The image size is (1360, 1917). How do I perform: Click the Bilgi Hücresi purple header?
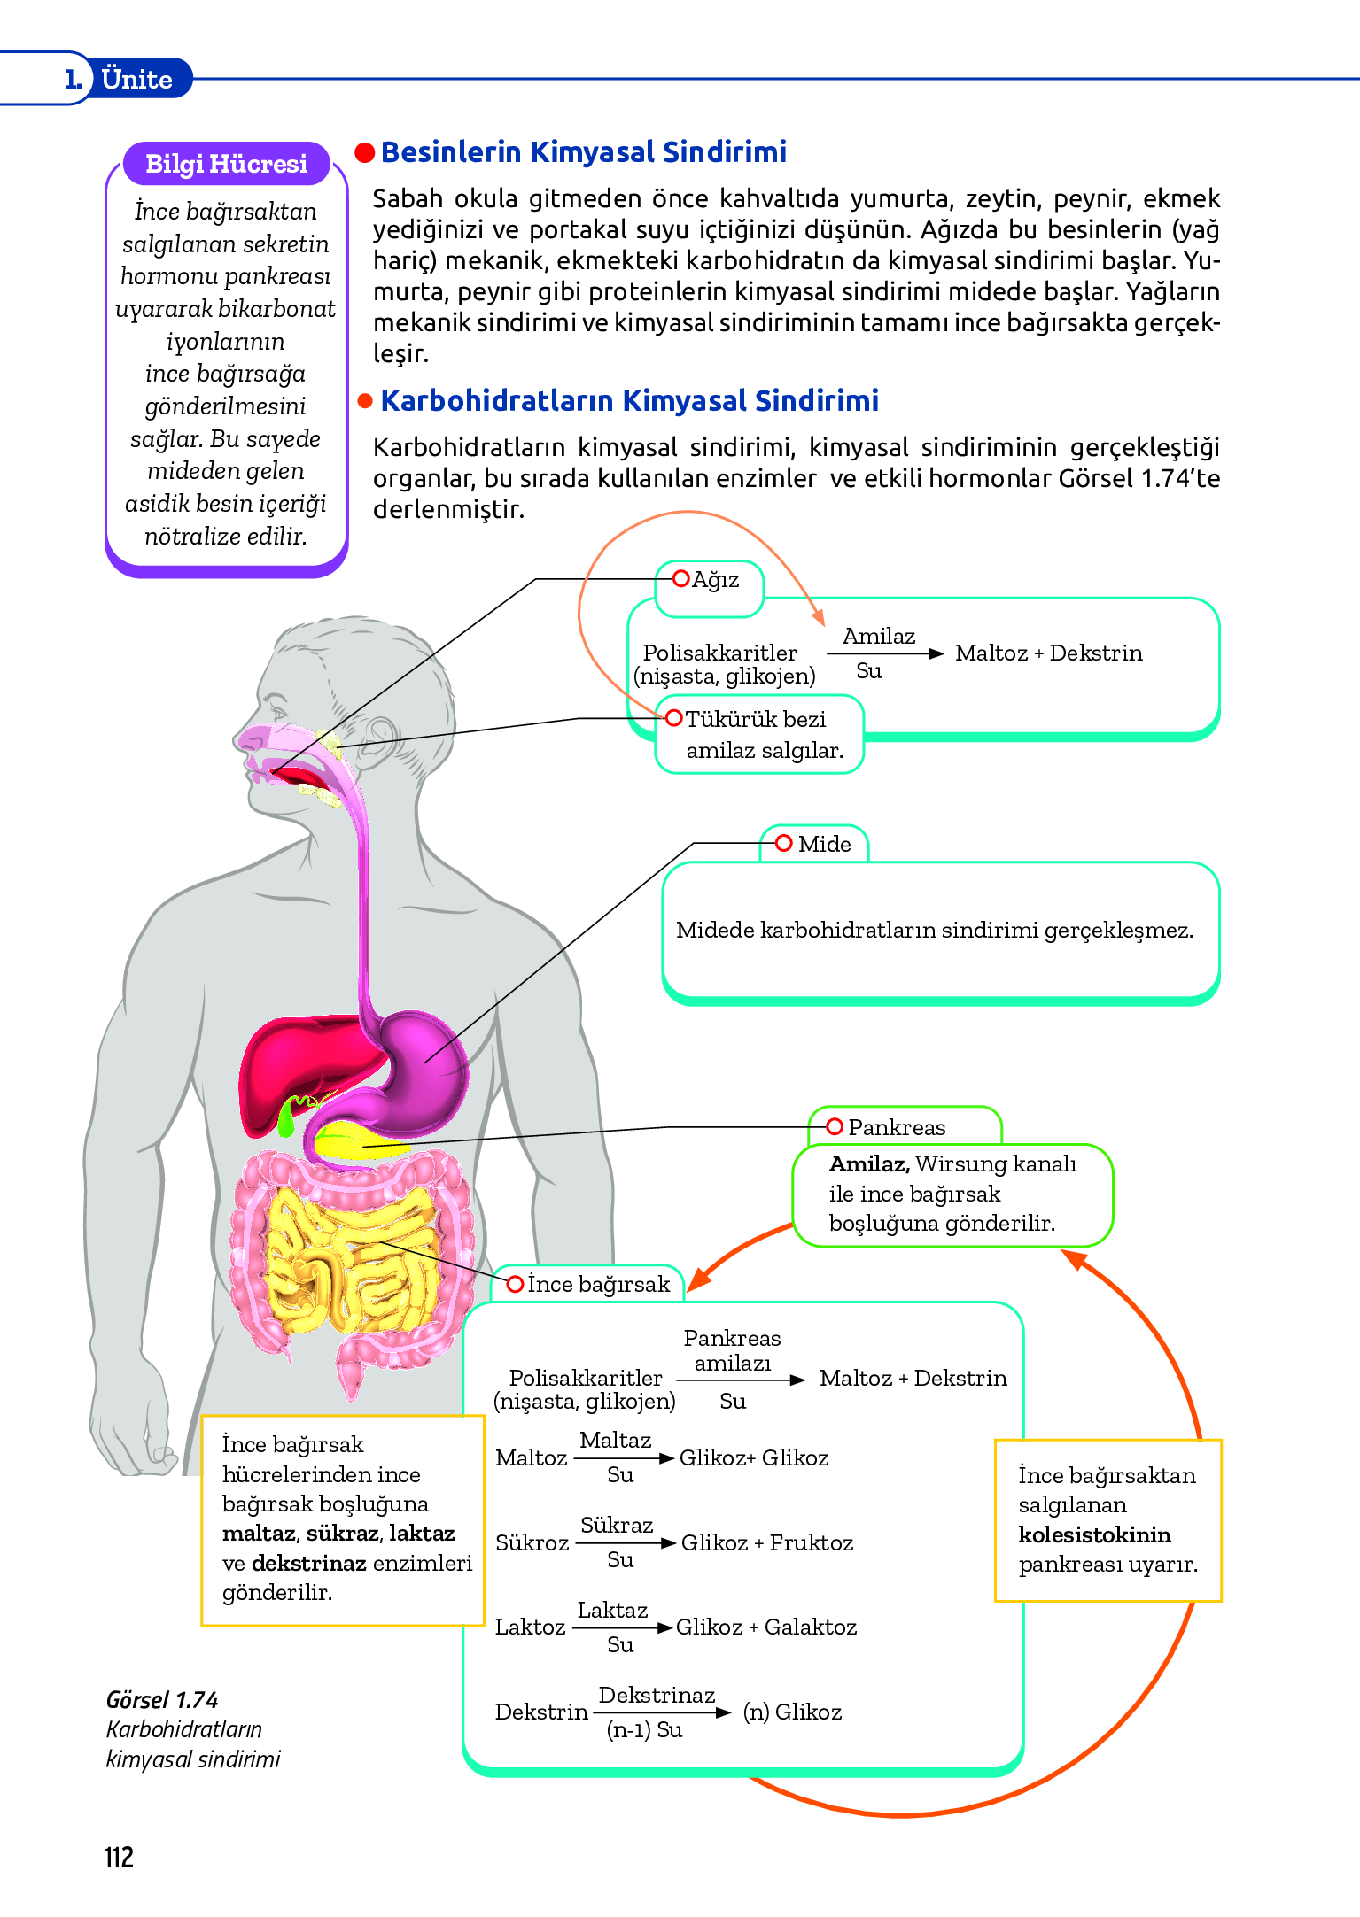pyautogui.click(x=226, y=164)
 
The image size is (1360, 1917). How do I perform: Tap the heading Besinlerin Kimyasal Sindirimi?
pyautogui.click(x=583, y=152)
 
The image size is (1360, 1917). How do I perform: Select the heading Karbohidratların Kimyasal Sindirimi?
pyautogui.click(x=629, y=401)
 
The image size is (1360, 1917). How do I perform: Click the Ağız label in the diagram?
pyautogui.click(x=714, y=580)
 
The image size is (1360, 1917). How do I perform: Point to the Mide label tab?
pyautogui.click(x=823, y=844)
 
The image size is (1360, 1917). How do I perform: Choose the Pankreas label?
pyautogui.click(x=896, y=1127)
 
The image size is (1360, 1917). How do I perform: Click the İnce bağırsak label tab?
pyautogui.click(x=598, y=1285)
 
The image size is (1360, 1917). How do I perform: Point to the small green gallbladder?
pyautogui.click(x=286, y=1119)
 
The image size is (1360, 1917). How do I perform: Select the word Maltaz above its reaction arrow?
pyautogui.click(x=615, y=1441)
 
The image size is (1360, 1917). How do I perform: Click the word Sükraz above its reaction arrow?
pyautogui.click(x=617, y=1525)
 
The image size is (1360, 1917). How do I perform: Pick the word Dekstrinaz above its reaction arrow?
pyautogui.click(x=657, y=1695)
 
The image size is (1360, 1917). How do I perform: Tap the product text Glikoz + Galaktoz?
pyautogui.click(x=766, y=1627)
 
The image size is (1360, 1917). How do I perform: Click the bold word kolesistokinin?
pyautogui.click(x=1094, y=1534)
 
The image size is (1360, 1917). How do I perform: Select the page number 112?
pyautogui.click(x=119, y=1857)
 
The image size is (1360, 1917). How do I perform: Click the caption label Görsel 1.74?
pyautogui.click(x=161, y=1700)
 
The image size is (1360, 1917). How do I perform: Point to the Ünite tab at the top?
pyautogui.click(x=136, y=80)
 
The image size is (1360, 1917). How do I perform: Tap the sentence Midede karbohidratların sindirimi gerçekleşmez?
pyautogui.click(x=934, y=930)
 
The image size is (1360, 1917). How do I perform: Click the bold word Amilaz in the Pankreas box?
pyautogui.click(x=868, y=1163)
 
